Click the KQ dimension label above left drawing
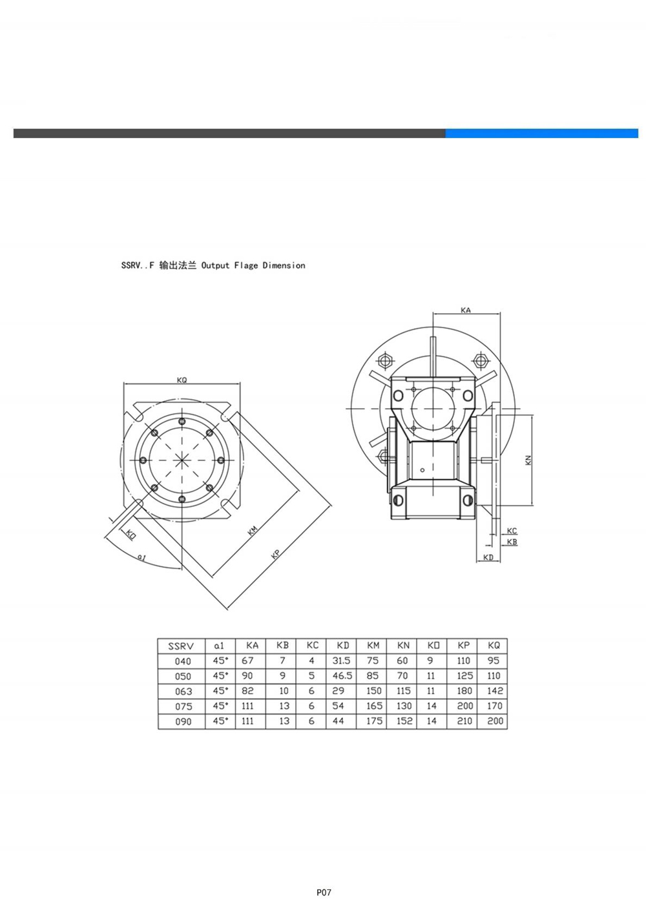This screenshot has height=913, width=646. tap(182, 380)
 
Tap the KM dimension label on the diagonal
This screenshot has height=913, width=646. tap(253, 531)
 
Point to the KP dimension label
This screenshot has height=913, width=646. tap(275, 554)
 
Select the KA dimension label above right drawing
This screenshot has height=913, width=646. tap(466, 311)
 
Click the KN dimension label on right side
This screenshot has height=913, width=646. tap(528, 460)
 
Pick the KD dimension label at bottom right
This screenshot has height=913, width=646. tap(488, 557)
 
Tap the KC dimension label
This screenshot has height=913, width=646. tap(512, 531)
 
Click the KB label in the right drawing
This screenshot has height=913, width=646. tap(512, 542)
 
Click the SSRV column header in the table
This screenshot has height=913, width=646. tap(181, 646)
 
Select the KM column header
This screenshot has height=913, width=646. tap(373, 646)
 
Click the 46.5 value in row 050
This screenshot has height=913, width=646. tap(342, 675)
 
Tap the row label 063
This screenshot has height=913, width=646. tap(183, 691)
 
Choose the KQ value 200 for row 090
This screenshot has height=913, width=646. tap(495, 721)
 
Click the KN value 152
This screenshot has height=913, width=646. tap(404, 721)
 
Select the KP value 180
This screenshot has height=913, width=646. tap(464, 690)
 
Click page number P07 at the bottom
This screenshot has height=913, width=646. tap(324, 892)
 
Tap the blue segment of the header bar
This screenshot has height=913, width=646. tap(541, 133)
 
